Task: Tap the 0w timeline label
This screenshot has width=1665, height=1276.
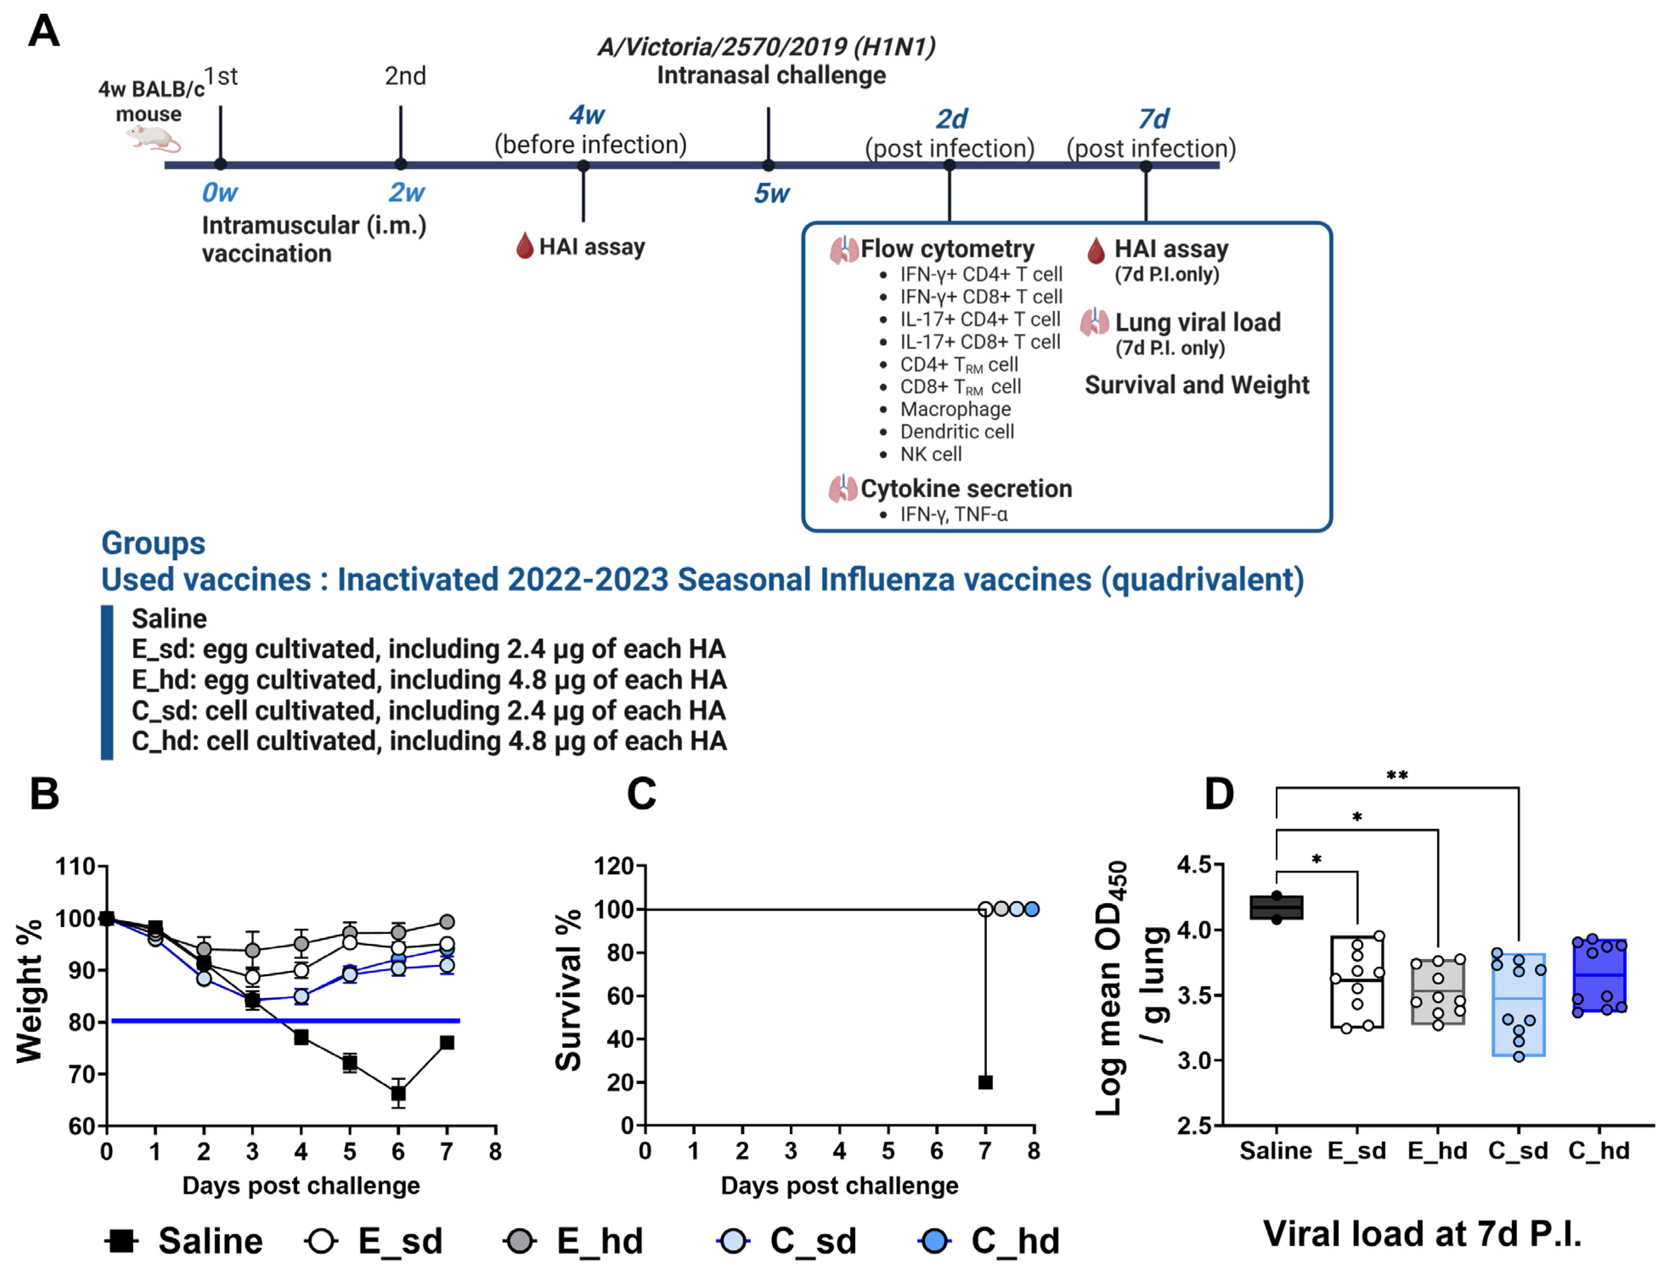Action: [219, 193]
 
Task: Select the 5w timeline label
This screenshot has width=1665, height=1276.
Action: [772, 194]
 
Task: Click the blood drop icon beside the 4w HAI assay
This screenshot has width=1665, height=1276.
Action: [524, 246]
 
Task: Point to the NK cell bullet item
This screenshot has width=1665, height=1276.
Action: [930, 454]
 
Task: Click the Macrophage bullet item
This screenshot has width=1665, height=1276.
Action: [955, 409]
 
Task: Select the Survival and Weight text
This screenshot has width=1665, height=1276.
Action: [1196, 385]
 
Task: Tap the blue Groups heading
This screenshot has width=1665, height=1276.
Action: [153, 543]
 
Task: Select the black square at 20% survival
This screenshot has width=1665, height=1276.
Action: [985, 1082]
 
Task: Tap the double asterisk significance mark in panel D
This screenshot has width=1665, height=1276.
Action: [1397, 775]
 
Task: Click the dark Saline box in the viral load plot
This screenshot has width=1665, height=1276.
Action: [1276, 908]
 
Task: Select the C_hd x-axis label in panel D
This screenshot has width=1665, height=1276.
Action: [1599, 1151]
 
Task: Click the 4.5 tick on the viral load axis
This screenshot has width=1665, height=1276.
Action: [1194, 865]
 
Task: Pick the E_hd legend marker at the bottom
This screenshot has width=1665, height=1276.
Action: [519, 1241]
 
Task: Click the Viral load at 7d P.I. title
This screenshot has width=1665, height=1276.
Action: [1422, 1234]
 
